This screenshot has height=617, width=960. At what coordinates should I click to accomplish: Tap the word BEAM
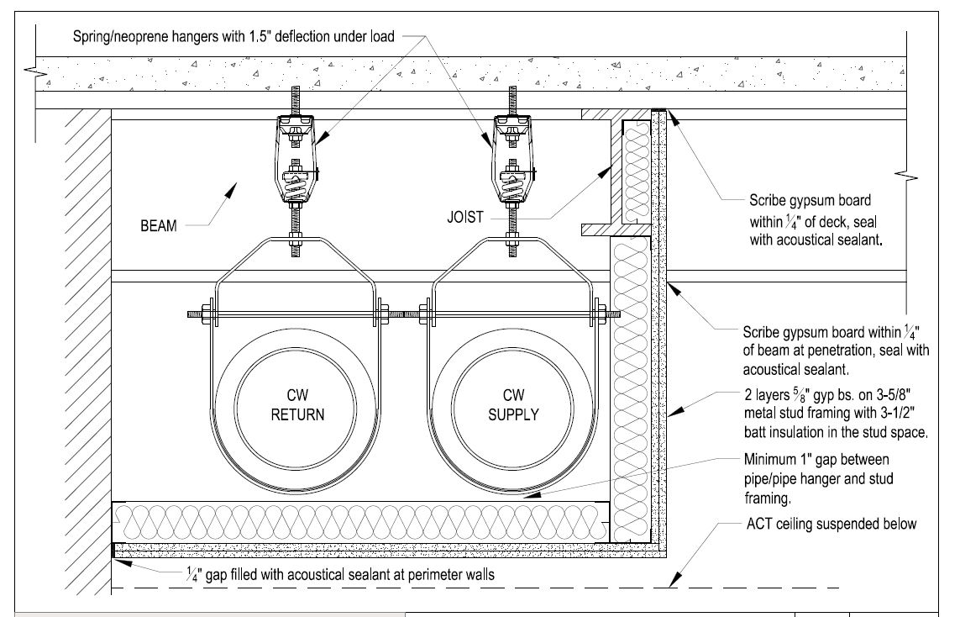158,225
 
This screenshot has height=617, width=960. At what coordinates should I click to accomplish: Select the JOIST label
464,217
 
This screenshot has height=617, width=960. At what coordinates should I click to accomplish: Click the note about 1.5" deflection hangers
234,36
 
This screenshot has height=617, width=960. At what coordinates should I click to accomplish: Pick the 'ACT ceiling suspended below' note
831,524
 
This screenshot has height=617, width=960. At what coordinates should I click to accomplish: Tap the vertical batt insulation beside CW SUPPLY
632,387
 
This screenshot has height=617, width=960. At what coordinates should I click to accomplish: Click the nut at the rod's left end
202,315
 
